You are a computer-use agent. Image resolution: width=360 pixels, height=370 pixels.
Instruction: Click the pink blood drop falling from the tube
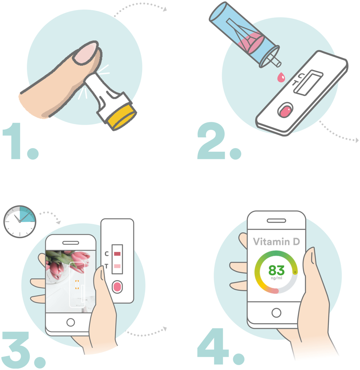281,77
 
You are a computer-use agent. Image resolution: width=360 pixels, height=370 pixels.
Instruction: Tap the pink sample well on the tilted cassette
285,112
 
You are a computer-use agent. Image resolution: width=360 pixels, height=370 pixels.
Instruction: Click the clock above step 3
20,221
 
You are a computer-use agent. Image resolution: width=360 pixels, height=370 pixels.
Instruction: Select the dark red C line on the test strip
117,254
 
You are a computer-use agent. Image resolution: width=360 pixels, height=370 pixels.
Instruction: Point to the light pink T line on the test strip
117,266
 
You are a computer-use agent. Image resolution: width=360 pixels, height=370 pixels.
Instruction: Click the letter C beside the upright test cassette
107,254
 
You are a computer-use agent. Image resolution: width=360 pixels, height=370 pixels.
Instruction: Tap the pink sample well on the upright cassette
117,287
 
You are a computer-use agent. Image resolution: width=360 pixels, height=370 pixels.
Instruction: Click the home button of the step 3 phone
70,322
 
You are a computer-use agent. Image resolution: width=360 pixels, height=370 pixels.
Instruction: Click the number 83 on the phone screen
277,270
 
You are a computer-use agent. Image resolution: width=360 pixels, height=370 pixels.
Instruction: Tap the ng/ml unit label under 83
277,278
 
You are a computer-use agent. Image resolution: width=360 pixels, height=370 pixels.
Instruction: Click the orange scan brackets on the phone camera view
77,285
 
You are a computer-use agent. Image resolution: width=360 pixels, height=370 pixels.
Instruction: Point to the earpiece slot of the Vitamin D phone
277,221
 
